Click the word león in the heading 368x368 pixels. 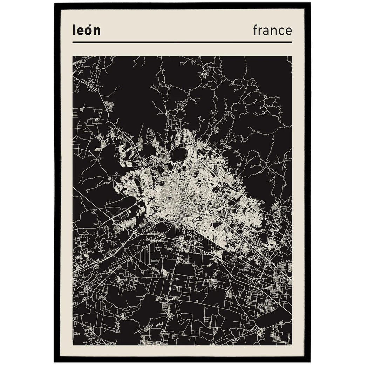(87, 30)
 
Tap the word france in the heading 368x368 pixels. (272, 30)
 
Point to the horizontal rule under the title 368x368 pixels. (182, 42)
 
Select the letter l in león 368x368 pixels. (74, 30)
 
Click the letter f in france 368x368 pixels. (255, 30)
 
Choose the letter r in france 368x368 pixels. (260, 32)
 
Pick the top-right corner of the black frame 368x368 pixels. (310, 4)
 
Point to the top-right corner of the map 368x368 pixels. (292, 56)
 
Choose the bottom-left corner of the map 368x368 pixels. (73, 345)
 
